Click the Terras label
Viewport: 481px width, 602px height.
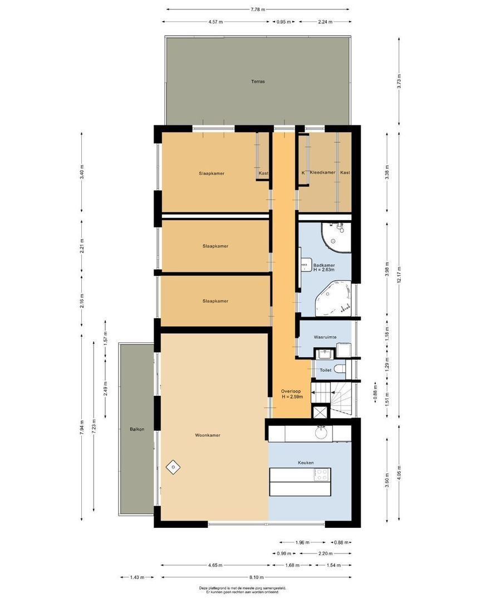(x=257, y=81)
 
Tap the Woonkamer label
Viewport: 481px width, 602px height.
(x=207, y=435)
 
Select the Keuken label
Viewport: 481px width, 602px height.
(x=306, y=463)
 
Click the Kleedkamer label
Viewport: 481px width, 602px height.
(x=322, y=173)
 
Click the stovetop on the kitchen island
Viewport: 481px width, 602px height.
(x=322, y=475)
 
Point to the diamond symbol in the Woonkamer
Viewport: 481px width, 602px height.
(x=173, y=466)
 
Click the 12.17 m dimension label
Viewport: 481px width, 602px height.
(x=399, y=280)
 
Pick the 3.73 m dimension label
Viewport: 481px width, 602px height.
(x=399, y=81)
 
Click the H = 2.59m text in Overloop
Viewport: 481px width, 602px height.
(x=292, y=397)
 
